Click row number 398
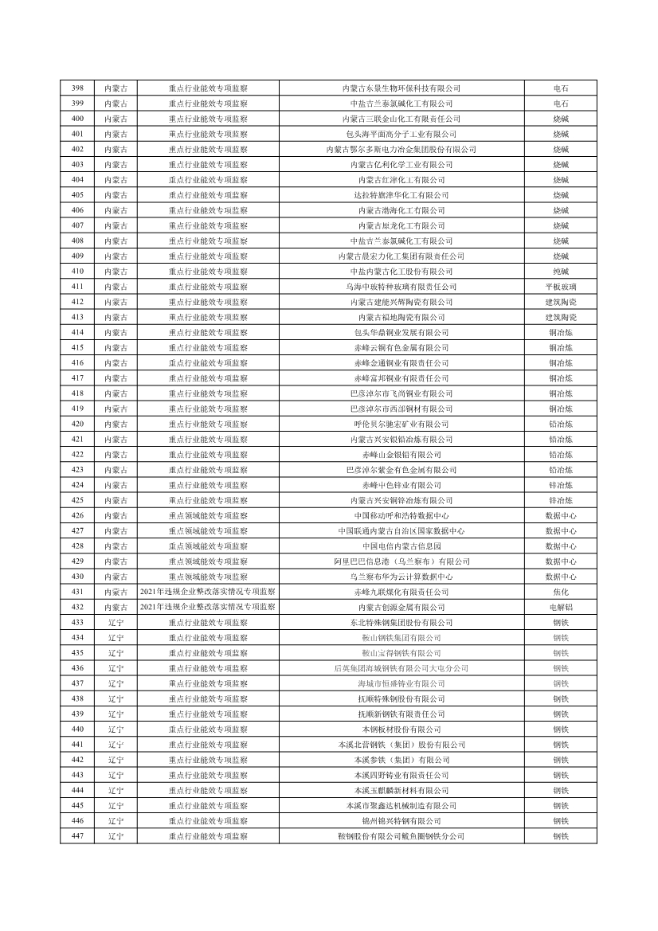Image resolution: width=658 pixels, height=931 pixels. pyautogui.click(x=77, y=88)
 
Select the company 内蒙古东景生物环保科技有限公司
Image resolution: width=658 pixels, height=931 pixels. pyautogui.click(x=401, y=88)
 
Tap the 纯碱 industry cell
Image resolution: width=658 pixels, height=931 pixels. pyautogui.click(x=561, y=272)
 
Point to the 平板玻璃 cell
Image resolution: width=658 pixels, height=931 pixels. pyautogui.click(x=561, y=287)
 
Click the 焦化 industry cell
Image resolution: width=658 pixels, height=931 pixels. pyautogui.click(x=561, y=592)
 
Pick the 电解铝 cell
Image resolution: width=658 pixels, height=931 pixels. pyautogui.click(x=561, y=607)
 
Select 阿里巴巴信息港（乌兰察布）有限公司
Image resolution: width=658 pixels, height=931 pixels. pyautogui.click(x=401, y=561)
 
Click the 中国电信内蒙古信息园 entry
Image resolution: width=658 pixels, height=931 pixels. pyautogui.click(x=401, y=546)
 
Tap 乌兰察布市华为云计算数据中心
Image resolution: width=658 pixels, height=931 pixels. pyautogui.click(x=401, y=577)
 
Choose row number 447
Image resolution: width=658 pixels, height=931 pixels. pyautogui.click(x=77, y=836)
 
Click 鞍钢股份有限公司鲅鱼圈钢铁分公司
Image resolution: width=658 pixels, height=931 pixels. pyautogui.click(x=401, y=836)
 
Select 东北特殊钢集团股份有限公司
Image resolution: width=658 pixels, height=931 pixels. pyautogui.click(x=401, y=622)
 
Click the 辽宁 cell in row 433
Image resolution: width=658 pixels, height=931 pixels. pyautogui.click(x=116, y=622)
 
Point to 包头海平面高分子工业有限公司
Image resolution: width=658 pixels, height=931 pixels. pyautogui.click(x=401, y=134)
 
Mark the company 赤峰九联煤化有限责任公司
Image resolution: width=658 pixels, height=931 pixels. pyautogui.click(x=401, y=592)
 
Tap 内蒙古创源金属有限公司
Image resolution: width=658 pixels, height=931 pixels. pyautogui.click(x=401, y=607)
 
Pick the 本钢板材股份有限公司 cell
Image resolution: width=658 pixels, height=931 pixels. pyautogui.click(x=401, y=729)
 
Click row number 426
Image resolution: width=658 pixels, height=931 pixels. pyautogui.click(x=77, y=515)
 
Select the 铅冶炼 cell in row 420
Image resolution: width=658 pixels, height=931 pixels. pyautogui.click(x=561, y=424)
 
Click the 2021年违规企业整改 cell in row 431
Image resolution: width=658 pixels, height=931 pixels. pyautogui.click(x=208, y=592)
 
